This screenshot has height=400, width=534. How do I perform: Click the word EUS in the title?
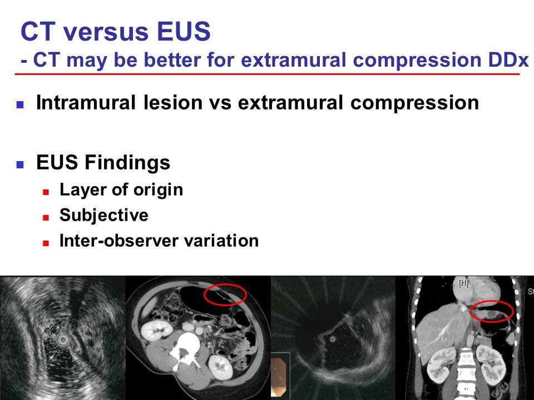[x=184, y=31]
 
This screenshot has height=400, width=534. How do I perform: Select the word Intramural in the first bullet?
[x=86, y=102]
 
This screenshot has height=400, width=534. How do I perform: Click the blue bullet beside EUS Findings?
[x=20, y=164]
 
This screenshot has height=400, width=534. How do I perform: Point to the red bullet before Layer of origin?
[x=46, y=192]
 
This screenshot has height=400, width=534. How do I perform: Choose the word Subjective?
[x=104, y=216]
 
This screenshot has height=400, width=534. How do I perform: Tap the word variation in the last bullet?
[x=221, y=241]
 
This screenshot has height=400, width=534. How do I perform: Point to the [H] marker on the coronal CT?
[x=463, y=283]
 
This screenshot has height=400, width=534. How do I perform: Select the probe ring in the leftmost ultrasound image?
[x=63, y=339]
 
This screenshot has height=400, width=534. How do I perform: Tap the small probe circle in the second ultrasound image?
[x=333, y=339]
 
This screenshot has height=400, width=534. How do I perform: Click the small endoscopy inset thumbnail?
[x=280, y=377]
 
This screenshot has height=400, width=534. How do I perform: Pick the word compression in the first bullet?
[x=414, y=103]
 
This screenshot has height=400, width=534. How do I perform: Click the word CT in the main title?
[x=38, y=31]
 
